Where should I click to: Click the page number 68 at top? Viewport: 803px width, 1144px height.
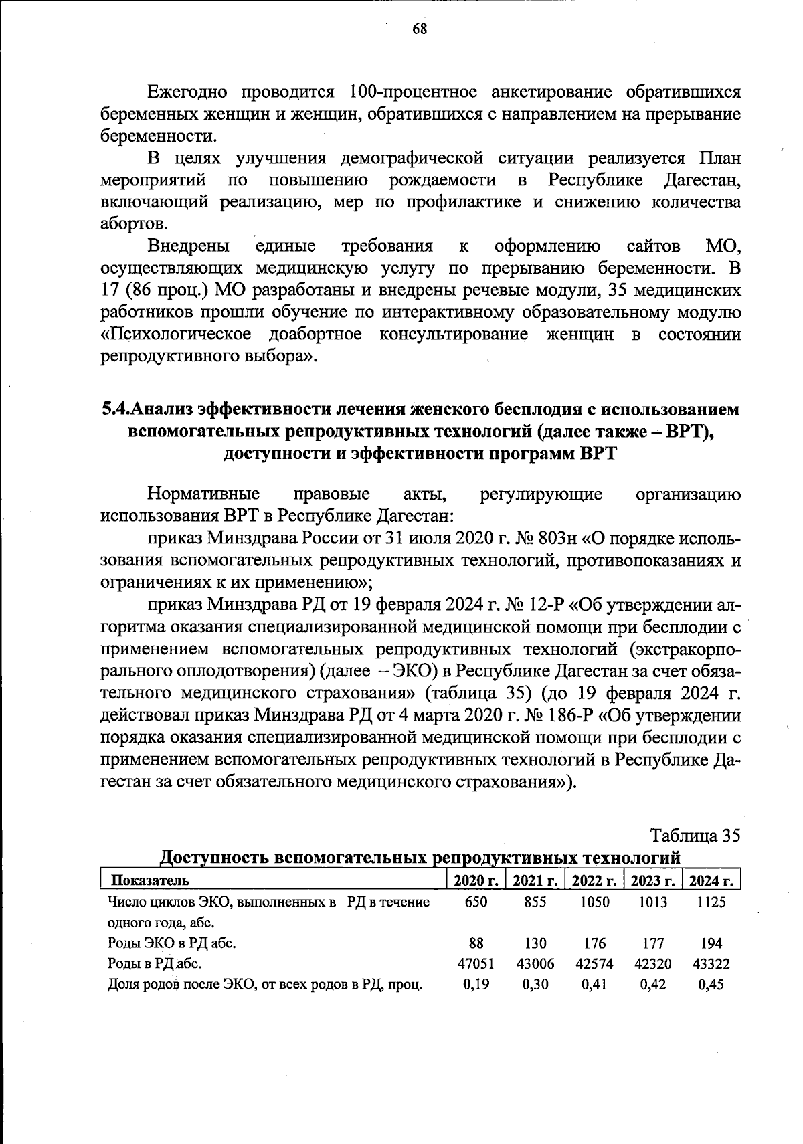coord(420,29)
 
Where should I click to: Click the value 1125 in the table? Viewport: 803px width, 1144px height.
coord(711,902)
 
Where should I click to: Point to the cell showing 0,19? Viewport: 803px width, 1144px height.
coord(475,985)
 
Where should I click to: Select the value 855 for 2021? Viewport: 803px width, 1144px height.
coord(535,902)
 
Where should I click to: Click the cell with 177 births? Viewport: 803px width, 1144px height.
coord(652,944)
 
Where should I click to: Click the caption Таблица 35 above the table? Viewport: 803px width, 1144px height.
coord(695,836)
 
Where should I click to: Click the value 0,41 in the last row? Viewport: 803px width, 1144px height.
coord(594,985)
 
